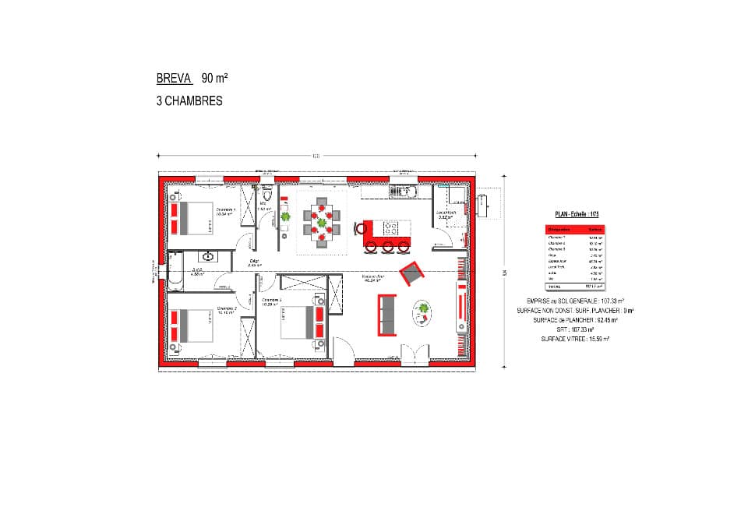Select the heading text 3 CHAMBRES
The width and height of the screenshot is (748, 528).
[x=189, y=101]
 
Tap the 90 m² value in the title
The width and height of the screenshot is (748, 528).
[x=214, y=79]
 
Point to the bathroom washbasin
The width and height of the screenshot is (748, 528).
[x=210, y=255]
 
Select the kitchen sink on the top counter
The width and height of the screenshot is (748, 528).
[x=404, y=190]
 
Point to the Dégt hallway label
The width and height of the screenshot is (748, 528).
[x=254, y=262]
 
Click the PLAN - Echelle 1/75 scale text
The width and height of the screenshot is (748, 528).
[x=576, y=213]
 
